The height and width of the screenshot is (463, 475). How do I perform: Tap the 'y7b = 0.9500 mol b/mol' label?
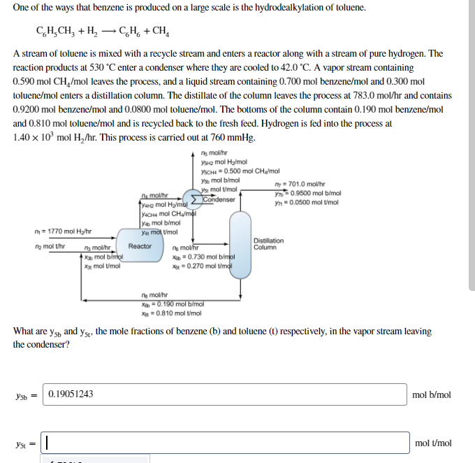point(307,193)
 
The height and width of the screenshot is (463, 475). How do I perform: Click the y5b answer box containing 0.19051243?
point(224,394)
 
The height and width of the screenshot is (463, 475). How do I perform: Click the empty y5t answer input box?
point(224,442)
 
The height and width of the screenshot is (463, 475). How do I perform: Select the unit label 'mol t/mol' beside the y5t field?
point(432,443)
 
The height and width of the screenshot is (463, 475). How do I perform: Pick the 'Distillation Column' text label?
point(268,243)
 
